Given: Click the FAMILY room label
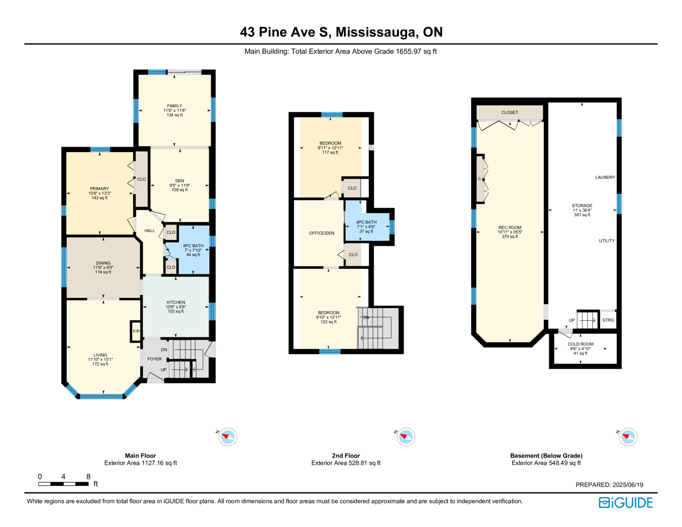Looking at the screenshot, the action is point(174,106).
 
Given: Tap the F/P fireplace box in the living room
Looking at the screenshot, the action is point(136,331).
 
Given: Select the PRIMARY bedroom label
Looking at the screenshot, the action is point(99,188).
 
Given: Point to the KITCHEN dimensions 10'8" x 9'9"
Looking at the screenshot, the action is point(176,307).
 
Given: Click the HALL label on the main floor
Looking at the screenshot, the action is point(150,231).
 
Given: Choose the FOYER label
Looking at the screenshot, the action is point(155,359).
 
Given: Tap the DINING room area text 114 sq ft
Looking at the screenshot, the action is point(103,272).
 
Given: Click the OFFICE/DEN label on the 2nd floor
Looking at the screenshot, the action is point(322,233).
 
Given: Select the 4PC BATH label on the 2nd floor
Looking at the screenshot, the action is point(366,222).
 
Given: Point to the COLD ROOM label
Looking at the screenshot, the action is point(581,344).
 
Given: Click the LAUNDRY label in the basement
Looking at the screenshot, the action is point(605,177).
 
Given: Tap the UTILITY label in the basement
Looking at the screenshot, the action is point(607,241).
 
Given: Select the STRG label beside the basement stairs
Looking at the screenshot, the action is point(608,320).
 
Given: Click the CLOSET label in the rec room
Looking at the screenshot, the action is point(510,113).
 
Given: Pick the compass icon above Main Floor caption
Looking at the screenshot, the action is point(228,437).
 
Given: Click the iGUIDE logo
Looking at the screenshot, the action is point(625,503).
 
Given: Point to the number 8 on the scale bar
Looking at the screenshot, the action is point(89,476).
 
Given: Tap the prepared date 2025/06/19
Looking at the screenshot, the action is point(628,485).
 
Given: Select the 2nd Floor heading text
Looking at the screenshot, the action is point(346,455).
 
